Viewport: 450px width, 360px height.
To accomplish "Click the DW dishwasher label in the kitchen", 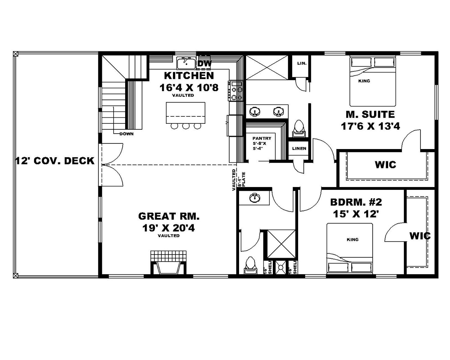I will coord(205,64).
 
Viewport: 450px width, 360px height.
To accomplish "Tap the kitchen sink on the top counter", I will coord(186,64).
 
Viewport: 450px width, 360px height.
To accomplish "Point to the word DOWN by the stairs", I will coord(126,134).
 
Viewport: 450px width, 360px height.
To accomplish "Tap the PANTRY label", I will coord(262,139).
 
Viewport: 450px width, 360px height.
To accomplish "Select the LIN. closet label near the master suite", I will coord(302,64).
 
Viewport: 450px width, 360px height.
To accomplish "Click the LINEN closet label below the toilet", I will coord(299,148).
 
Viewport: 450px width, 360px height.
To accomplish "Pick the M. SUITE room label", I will coord(370,114).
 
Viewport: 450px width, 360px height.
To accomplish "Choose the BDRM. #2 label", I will coord(356,202).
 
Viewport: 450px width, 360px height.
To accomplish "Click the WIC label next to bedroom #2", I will coord(420,236).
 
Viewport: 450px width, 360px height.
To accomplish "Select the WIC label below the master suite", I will coord(385,165).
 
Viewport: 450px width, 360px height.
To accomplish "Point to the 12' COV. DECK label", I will coord(55,161).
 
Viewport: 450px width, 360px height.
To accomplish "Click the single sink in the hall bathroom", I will coord(255,198).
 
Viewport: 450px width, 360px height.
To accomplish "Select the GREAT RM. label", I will coord(169,216).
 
